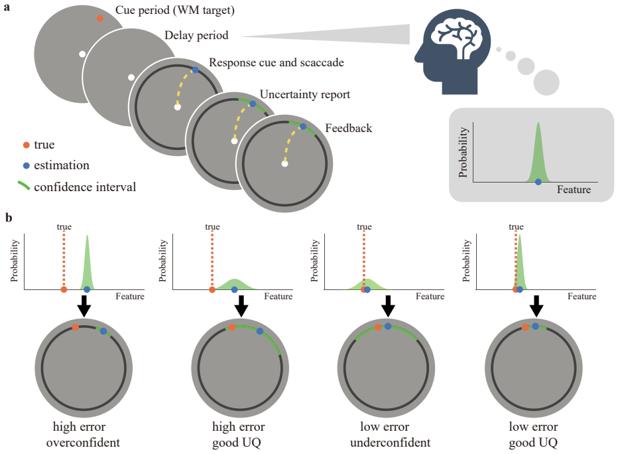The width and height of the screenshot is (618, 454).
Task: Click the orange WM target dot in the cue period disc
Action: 100,19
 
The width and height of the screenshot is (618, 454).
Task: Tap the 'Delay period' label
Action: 196,35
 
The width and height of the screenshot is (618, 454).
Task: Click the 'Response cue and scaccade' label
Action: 277,62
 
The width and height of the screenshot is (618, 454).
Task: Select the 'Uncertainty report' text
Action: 305,95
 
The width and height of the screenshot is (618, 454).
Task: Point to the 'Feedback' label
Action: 348,128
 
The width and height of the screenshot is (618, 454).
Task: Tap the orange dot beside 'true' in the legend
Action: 27,145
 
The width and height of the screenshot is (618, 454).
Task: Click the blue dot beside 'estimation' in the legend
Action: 27,166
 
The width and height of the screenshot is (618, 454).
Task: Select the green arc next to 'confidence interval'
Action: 24,185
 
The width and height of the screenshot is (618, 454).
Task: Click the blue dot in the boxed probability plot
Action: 538,182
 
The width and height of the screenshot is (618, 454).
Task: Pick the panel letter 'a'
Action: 7,7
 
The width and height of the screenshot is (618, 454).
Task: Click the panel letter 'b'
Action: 8,217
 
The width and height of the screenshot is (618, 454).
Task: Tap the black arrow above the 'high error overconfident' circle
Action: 84,306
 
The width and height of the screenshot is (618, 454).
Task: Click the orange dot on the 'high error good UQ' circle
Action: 232,327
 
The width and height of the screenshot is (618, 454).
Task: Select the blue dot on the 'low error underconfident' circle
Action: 388,326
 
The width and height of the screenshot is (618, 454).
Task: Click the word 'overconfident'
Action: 83,443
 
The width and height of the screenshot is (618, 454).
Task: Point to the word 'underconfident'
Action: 390,443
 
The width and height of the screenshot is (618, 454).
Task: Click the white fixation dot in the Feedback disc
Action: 284,164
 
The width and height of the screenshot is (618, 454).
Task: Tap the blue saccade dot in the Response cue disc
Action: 195,70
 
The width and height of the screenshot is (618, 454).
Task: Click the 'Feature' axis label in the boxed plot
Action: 574,190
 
